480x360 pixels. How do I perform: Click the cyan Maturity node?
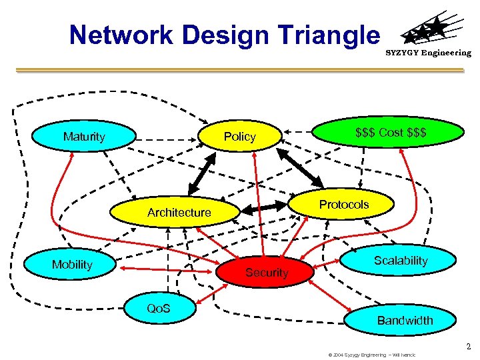coord(84,137)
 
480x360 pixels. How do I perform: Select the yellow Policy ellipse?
coord(240,137)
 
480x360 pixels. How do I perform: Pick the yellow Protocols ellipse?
coord(343,205)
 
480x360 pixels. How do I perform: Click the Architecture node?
coord(179,213)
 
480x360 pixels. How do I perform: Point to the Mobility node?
coord(72,265)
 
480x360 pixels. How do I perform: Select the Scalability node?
coord(400,261)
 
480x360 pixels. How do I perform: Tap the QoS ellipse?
coord(159,307)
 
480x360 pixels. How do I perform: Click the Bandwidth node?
coord(405,320)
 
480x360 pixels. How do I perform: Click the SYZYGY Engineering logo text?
coord(428,53)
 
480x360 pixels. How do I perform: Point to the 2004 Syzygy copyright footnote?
coord(371,355)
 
